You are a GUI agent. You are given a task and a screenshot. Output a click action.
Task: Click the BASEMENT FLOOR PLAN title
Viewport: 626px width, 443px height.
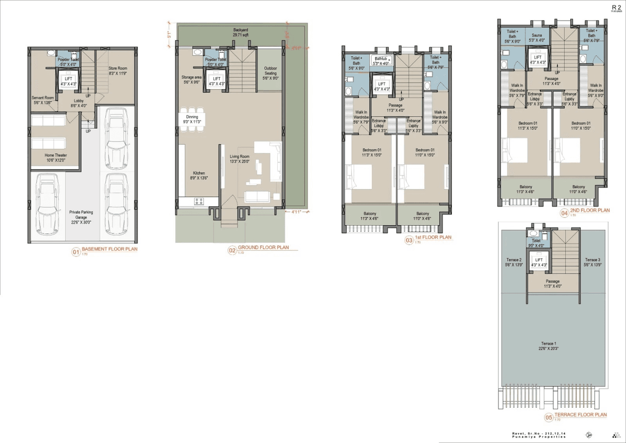pos(109,249)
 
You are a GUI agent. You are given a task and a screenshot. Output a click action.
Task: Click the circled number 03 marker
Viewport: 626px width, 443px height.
pos(409,240)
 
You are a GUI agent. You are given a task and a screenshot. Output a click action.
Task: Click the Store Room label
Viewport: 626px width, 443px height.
pos(118,70)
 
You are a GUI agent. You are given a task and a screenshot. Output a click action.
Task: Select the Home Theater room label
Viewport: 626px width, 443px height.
pos(55,158)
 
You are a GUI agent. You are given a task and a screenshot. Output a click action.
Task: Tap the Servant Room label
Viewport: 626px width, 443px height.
pos(43,100)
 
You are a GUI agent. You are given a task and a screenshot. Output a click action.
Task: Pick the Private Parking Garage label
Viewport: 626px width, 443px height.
pos(81,215)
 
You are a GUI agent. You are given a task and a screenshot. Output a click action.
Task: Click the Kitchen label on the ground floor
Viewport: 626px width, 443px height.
pos(199,176)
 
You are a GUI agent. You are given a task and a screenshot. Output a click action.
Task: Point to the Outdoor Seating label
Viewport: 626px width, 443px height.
pos(270,73)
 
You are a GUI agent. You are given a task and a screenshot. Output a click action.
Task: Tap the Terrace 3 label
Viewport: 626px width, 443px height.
pos(592,261)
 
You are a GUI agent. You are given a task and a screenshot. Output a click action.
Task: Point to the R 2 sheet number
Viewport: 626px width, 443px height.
pos(616,8)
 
